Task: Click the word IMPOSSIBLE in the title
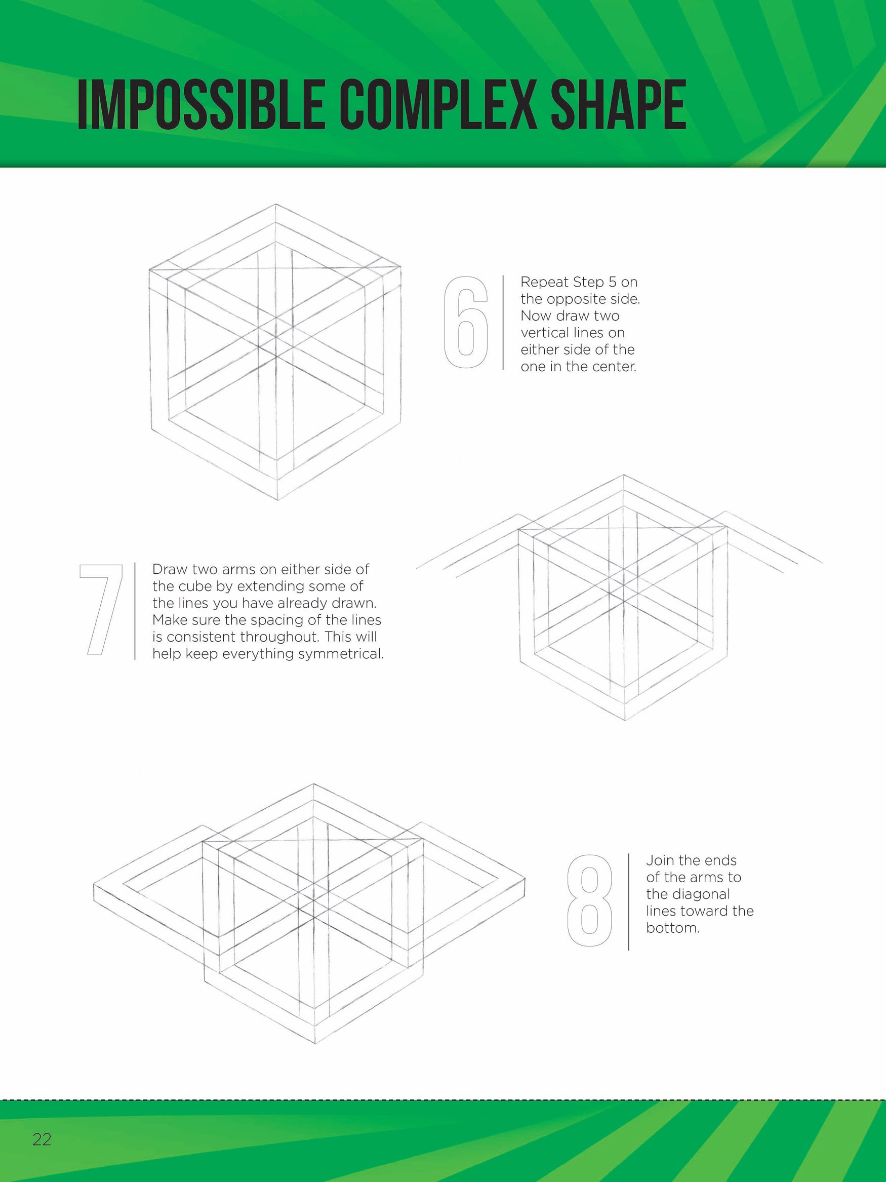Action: pos(201,105)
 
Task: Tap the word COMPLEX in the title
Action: pos(438,105)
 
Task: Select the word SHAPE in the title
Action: pos(619,105)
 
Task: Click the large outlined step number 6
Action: pos(466,322)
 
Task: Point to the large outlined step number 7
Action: pos(101,610)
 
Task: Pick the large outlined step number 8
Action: pos(590,900)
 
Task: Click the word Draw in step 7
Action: pos(170,570)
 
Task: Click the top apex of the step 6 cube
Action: pos(275,204)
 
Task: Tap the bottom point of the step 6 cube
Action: pos(277,500)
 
